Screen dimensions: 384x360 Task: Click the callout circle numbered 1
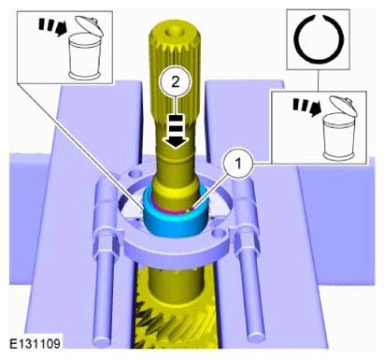[x=238, y=164]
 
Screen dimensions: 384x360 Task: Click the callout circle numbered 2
[x=176, y=82]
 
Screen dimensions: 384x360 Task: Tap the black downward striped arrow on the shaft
[x=176, y=131]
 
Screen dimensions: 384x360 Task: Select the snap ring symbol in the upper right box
[x=319, y=39]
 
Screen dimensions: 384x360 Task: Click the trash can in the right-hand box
[x=339, y=128]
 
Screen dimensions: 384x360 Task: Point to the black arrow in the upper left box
[x=53, y=27]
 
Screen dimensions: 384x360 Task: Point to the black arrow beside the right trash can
[x=307, y=108]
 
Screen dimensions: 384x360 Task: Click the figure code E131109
[x=35, y=344]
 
